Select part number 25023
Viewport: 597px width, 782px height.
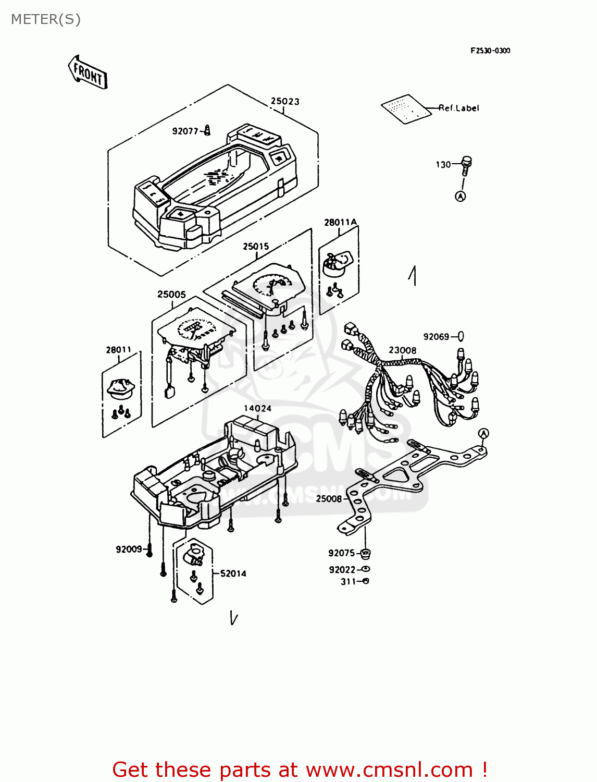click(x=285, y=101)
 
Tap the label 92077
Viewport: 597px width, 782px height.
click(x=185, y=131)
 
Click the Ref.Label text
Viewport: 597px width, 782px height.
click(x=458, y=108)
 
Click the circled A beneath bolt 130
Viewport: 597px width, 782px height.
click(x=461, y=196)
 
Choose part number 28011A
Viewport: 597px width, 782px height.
click(x=341, y=223)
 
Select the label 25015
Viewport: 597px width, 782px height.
click(x=256, y=246)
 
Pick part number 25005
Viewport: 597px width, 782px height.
click(x=171, y=295)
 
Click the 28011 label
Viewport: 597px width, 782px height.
click(x=119, y=350)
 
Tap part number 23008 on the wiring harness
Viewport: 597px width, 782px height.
click(x=403, y=350)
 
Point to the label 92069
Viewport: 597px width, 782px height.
click(x=436, y=337)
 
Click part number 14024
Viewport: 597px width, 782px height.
click(x=258, y=408)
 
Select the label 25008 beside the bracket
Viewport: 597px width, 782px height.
click(x=329, y=498)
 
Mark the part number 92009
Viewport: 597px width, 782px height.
click(x=129, y=549)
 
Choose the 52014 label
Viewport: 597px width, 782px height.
click(x=233, y=573)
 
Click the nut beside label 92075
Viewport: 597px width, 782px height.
click(x=365, y=553)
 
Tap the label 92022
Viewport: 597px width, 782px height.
click(x=342, y=570)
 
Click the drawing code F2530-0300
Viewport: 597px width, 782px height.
click(x=490, y=51)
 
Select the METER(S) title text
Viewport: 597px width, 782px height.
click(x=46, y=19)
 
